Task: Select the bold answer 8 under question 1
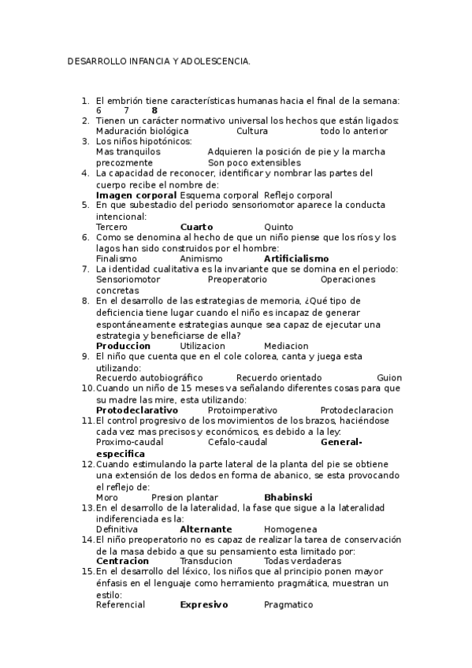[154, 111]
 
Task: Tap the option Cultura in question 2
[252, 132]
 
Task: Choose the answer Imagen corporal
[136, 195]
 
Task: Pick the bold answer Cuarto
[196, 227]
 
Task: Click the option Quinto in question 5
[279, 227]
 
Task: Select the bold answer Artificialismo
[296, 258]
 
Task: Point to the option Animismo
[201, 258]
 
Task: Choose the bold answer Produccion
[123, 346]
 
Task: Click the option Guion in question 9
[389, 377]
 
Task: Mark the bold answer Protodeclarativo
[136, 410]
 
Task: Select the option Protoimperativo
[242, 410]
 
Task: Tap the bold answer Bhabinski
[288, 498]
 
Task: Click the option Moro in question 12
[106, 498]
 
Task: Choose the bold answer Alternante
[206, 529]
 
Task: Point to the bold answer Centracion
[122, 561]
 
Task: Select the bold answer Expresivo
[203, 604]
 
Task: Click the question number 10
[87, 388]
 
